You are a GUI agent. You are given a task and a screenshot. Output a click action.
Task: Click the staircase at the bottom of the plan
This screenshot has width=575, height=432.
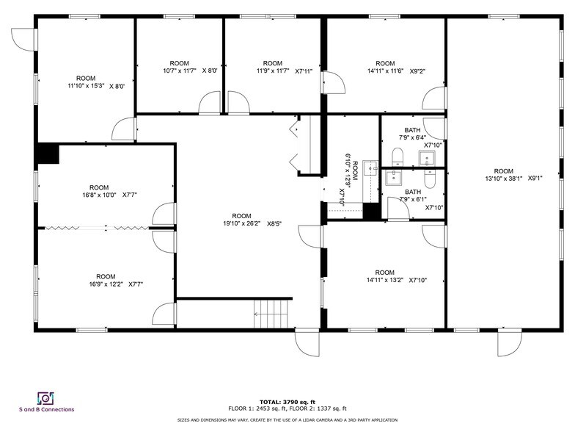(x=273, y=314)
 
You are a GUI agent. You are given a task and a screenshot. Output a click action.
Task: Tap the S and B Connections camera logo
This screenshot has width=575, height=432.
(x=45, y=397)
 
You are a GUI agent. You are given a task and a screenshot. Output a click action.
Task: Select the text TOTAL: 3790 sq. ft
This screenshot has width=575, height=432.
(x=287, y=402)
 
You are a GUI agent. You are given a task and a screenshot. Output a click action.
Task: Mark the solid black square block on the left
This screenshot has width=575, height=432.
(x=48, y=154)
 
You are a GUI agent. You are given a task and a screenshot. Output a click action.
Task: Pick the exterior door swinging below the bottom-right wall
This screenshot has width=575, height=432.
(x=508, y=342)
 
